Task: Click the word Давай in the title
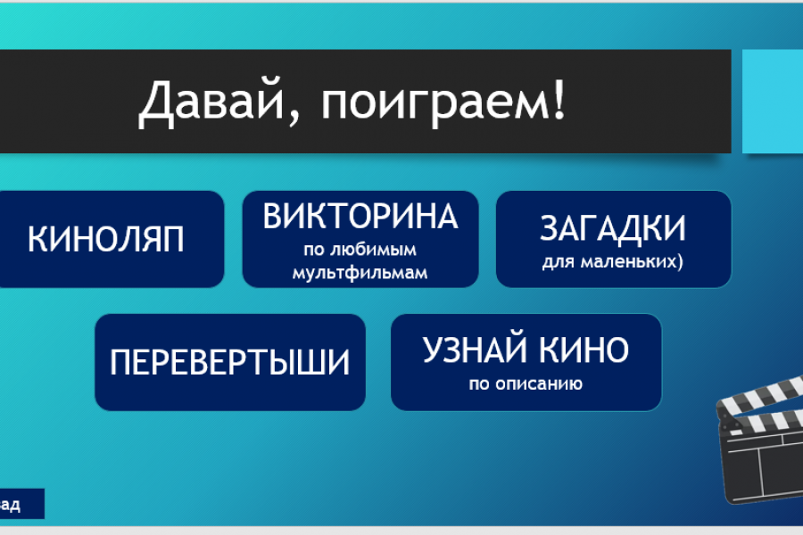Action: tap(211, 101)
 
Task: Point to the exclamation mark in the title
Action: tap(559, 99)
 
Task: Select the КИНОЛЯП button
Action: tap(110, 239)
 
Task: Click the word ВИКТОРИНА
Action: tap(360, 216)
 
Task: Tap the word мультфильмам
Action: tap(360, 273)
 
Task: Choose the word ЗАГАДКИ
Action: tap(613, 228)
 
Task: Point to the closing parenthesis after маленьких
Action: tap(681, 261)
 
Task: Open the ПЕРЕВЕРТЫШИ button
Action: tap(230, 362)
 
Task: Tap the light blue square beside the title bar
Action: tap(773, 102)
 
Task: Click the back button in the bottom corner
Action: tap(21, 504)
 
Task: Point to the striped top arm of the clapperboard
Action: tap(759, 395)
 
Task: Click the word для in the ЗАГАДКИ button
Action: tap(559, 262)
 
